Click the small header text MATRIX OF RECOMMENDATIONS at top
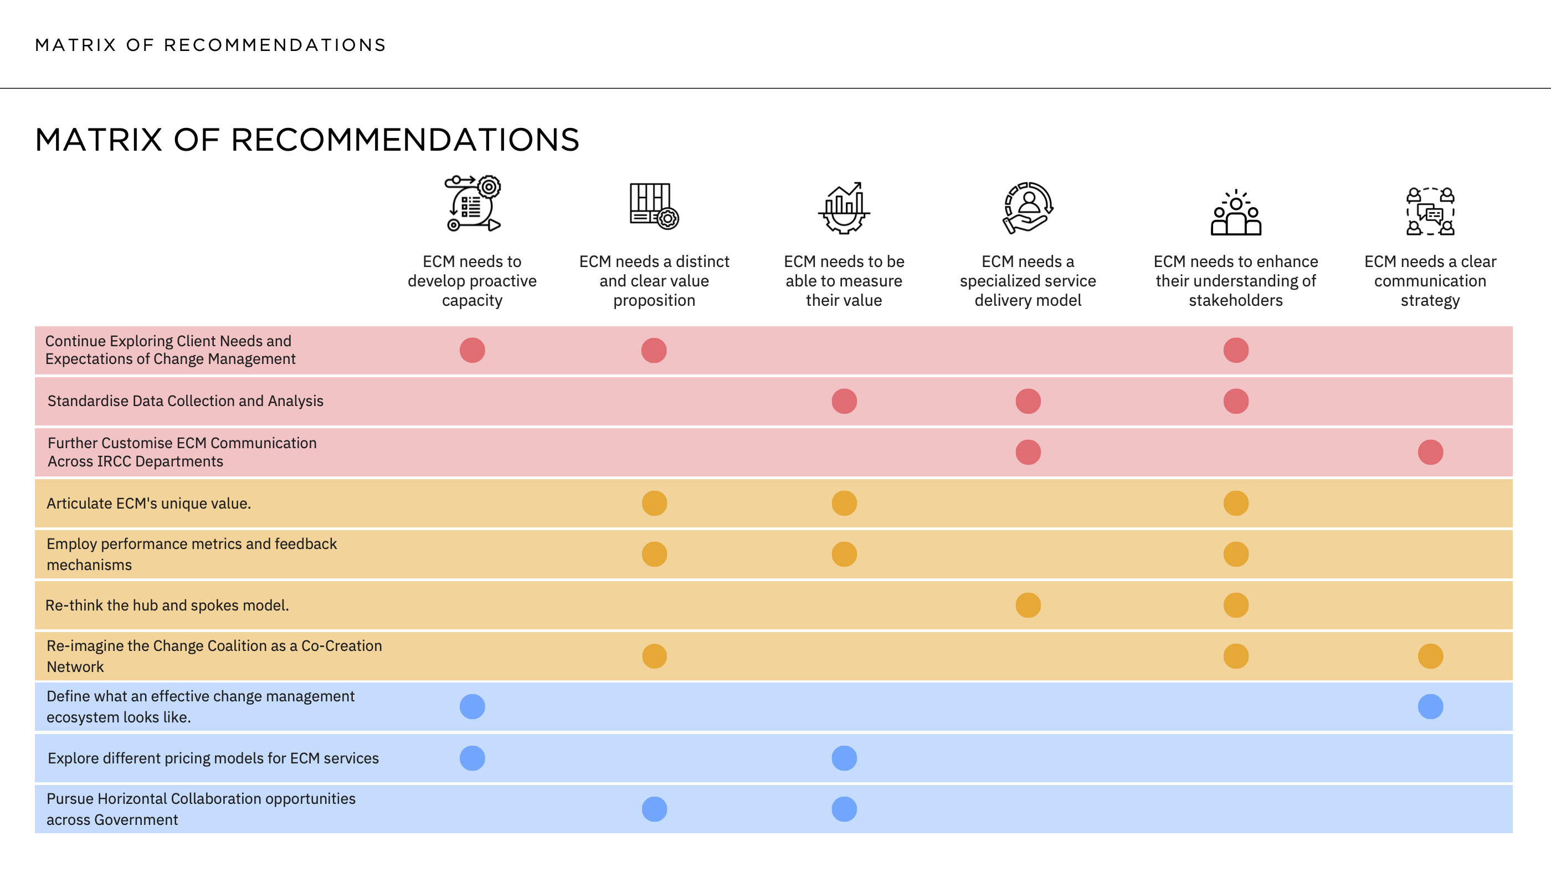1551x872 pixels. (x=210, y=45)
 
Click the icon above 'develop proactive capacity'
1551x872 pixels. (x=473, y=203)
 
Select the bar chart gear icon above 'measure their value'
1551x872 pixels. (x=844, y=208)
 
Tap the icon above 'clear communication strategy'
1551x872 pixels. (x=1430, y=211)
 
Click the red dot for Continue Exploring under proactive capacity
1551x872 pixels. (x=472, y=350)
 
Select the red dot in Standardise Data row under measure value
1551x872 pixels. (x=844, y=401)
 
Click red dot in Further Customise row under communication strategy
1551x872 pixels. (x=1430, y=452)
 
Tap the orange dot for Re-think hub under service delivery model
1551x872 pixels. (x=1028, y=605)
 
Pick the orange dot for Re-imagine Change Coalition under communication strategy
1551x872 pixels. (x=1430, y=656)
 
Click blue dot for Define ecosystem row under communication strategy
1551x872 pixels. (x=1430, y=706)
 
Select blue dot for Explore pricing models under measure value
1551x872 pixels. (x=844, y=758)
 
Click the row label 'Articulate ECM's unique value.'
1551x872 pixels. (x=148, y=504)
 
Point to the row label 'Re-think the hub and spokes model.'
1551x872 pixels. (x=167, y=605)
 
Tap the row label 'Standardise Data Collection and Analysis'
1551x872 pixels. (x=186, y=401)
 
